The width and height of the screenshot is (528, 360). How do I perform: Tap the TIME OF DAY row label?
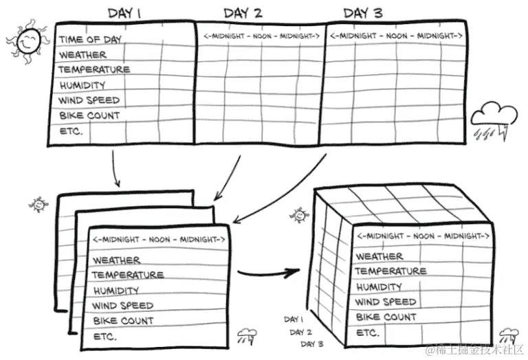point(89,39)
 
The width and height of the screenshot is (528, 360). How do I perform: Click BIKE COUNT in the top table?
point(89,115)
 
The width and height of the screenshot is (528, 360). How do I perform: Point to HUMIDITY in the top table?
point(82,85)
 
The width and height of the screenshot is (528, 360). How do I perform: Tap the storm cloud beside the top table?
point(492,115)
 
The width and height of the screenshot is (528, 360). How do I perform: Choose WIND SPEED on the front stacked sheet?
point(123,306)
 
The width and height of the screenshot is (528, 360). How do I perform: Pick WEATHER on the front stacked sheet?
point(116,260)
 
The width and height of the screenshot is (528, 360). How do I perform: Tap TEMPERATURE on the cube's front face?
point(390,271)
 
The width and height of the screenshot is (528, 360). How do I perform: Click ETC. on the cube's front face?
point(368,333)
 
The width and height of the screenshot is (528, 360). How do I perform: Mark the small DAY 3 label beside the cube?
point(312,344)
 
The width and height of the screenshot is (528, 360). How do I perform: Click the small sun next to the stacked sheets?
point(38,204)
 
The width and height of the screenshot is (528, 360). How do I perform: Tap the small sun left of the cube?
point(298,215)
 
